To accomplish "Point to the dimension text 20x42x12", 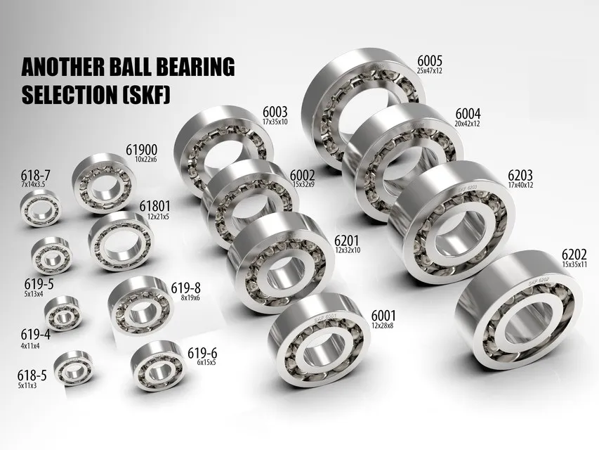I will click(x=467, y=124).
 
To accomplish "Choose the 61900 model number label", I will click(x=140, y=150).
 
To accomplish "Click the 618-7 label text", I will click(x=35, y=175).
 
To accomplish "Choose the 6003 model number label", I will click(x=275, y=112).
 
